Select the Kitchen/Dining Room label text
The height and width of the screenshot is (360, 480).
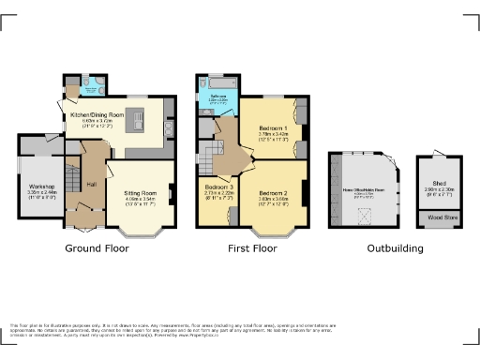97,115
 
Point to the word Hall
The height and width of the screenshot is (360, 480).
92,184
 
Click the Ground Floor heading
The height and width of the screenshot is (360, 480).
97,249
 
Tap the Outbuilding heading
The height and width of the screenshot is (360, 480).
394,249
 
